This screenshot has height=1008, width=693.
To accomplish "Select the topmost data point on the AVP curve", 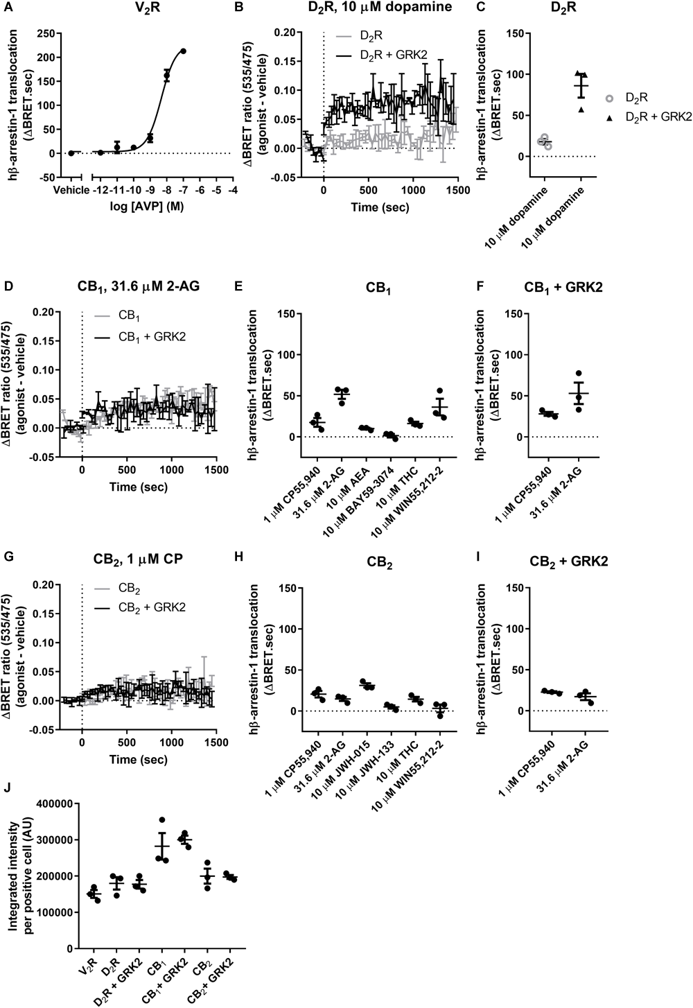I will (183, 51).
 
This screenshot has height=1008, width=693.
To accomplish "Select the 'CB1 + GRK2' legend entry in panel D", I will (143, 337).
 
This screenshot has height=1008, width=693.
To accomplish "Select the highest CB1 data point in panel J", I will (162, 820).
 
